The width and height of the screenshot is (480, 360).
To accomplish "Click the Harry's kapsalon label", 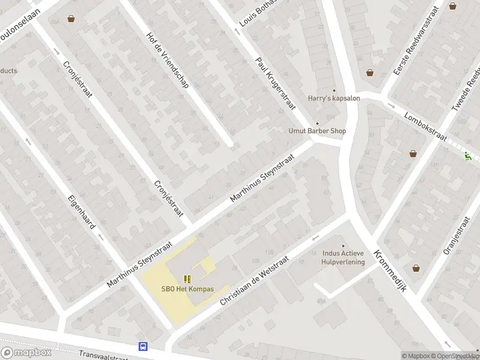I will (334, 98).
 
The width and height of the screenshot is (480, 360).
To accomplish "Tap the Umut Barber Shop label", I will (317, 131).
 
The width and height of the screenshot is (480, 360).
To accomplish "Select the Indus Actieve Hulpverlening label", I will (343, 258).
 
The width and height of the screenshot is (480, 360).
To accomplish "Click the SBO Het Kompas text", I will (187, 289).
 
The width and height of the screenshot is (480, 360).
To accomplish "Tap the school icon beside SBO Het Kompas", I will (187, 278).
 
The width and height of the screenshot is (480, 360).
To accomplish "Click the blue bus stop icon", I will (143, 346).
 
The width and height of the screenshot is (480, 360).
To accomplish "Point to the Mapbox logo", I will (26, 352).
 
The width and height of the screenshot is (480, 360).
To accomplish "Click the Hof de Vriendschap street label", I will (167, 59).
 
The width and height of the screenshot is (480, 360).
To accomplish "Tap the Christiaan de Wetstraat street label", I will (254, 281).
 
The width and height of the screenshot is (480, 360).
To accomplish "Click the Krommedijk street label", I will (391, 271).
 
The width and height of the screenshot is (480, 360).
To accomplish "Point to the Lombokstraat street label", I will (425, 127).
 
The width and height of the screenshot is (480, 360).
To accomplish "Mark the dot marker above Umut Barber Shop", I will (317, 124).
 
